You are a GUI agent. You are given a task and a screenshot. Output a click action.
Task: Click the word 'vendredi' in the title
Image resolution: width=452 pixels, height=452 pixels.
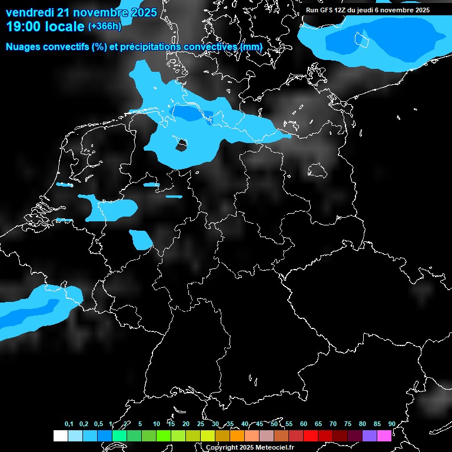pyautogui.click(x=29, y=12)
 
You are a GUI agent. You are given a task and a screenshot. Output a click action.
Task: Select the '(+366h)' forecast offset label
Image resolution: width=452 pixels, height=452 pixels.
pyautogui.click(x=105, y=26)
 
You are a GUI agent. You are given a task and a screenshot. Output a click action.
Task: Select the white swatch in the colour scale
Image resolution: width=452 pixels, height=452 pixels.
pyautogui.click(x=60, y=436)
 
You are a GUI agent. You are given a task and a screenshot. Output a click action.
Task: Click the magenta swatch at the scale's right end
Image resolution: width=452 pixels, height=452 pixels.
pyautogui.click(x=384, y=436)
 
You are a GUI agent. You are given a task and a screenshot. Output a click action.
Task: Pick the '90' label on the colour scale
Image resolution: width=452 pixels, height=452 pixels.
pyautogui.click(x=391, y=424)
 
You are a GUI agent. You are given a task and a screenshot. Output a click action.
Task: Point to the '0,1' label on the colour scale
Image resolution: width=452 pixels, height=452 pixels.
pyautogui.click(x=69, y=424)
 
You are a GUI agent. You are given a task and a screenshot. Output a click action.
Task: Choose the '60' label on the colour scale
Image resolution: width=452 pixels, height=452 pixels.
pyautogui.click(x=303, y=424)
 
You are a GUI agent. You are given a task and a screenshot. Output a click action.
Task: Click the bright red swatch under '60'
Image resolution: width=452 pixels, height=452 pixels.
pyautogui.click(x=311, y=436)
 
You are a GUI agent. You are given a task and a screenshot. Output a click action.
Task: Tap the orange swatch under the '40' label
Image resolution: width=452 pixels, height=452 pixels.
pyautogui.click(x=252, y=436)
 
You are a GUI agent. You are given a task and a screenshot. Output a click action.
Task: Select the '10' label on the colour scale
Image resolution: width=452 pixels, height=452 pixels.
pyautogui.click(x=156, y=424)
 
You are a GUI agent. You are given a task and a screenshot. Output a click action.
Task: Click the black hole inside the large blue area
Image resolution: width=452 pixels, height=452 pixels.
pyautogui.click(x=182, y=144)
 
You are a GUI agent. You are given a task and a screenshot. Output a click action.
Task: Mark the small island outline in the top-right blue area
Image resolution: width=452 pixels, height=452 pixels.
pyautogui.click(x=361, y=40)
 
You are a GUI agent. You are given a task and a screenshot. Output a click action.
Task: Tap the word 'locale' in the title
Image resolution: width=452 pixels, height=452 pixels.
pyautogui.click(x=65, y=26)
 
